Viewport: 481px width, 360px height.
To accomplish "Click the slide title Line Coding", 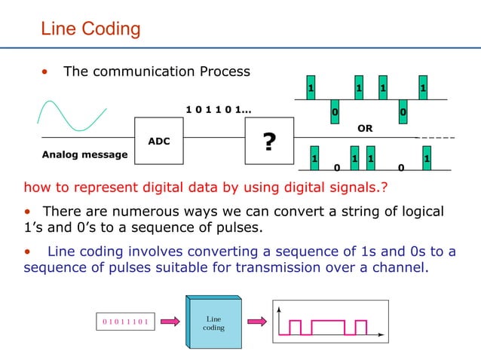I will (90, 29).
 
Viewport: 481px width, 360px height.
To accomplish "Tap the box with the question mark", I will (268, 142).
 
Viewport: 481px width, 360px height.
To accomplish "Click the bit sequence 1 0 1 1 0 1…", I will (219, 110).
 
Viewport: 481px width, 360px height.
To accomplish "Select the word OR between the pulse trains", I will (365, 129).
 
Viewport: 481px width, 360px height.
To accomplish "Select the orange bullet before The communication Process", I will (47, 72).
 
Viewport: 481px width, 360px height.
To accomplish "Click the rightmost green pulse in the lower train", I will (427, 159).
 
